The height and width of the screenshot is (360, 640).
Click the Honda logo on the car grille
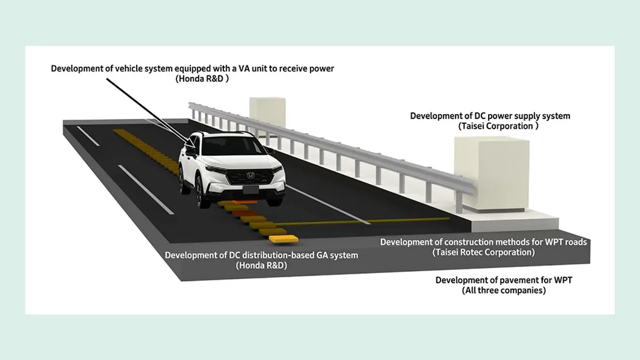tap(250, 176)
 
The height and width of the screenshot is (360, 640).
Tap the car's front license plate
tap(250, 190)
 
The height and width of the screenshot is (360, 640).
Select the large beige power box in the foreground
tap(492, 174)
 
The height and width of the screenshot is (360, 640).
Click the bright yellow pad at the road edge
tap(284, 239)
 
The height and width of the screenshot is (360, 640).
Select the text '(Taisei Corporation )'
tap(498, 126)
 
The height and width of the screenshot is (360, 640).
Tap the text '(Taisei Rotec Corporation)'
tap(484, 252)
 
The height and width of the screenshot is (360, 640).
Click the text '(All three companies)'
tap(504, 290)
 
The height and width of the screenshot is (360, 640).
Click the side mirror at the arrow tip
tap(191, 152)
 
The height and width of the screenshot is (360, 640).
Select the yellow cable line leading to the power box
tap(362, 222)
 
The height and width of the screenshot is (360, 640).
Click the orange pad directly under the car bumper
tap(245, 202)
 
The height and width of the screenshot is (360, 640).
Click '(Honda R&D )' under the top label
tap(202, 78)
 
